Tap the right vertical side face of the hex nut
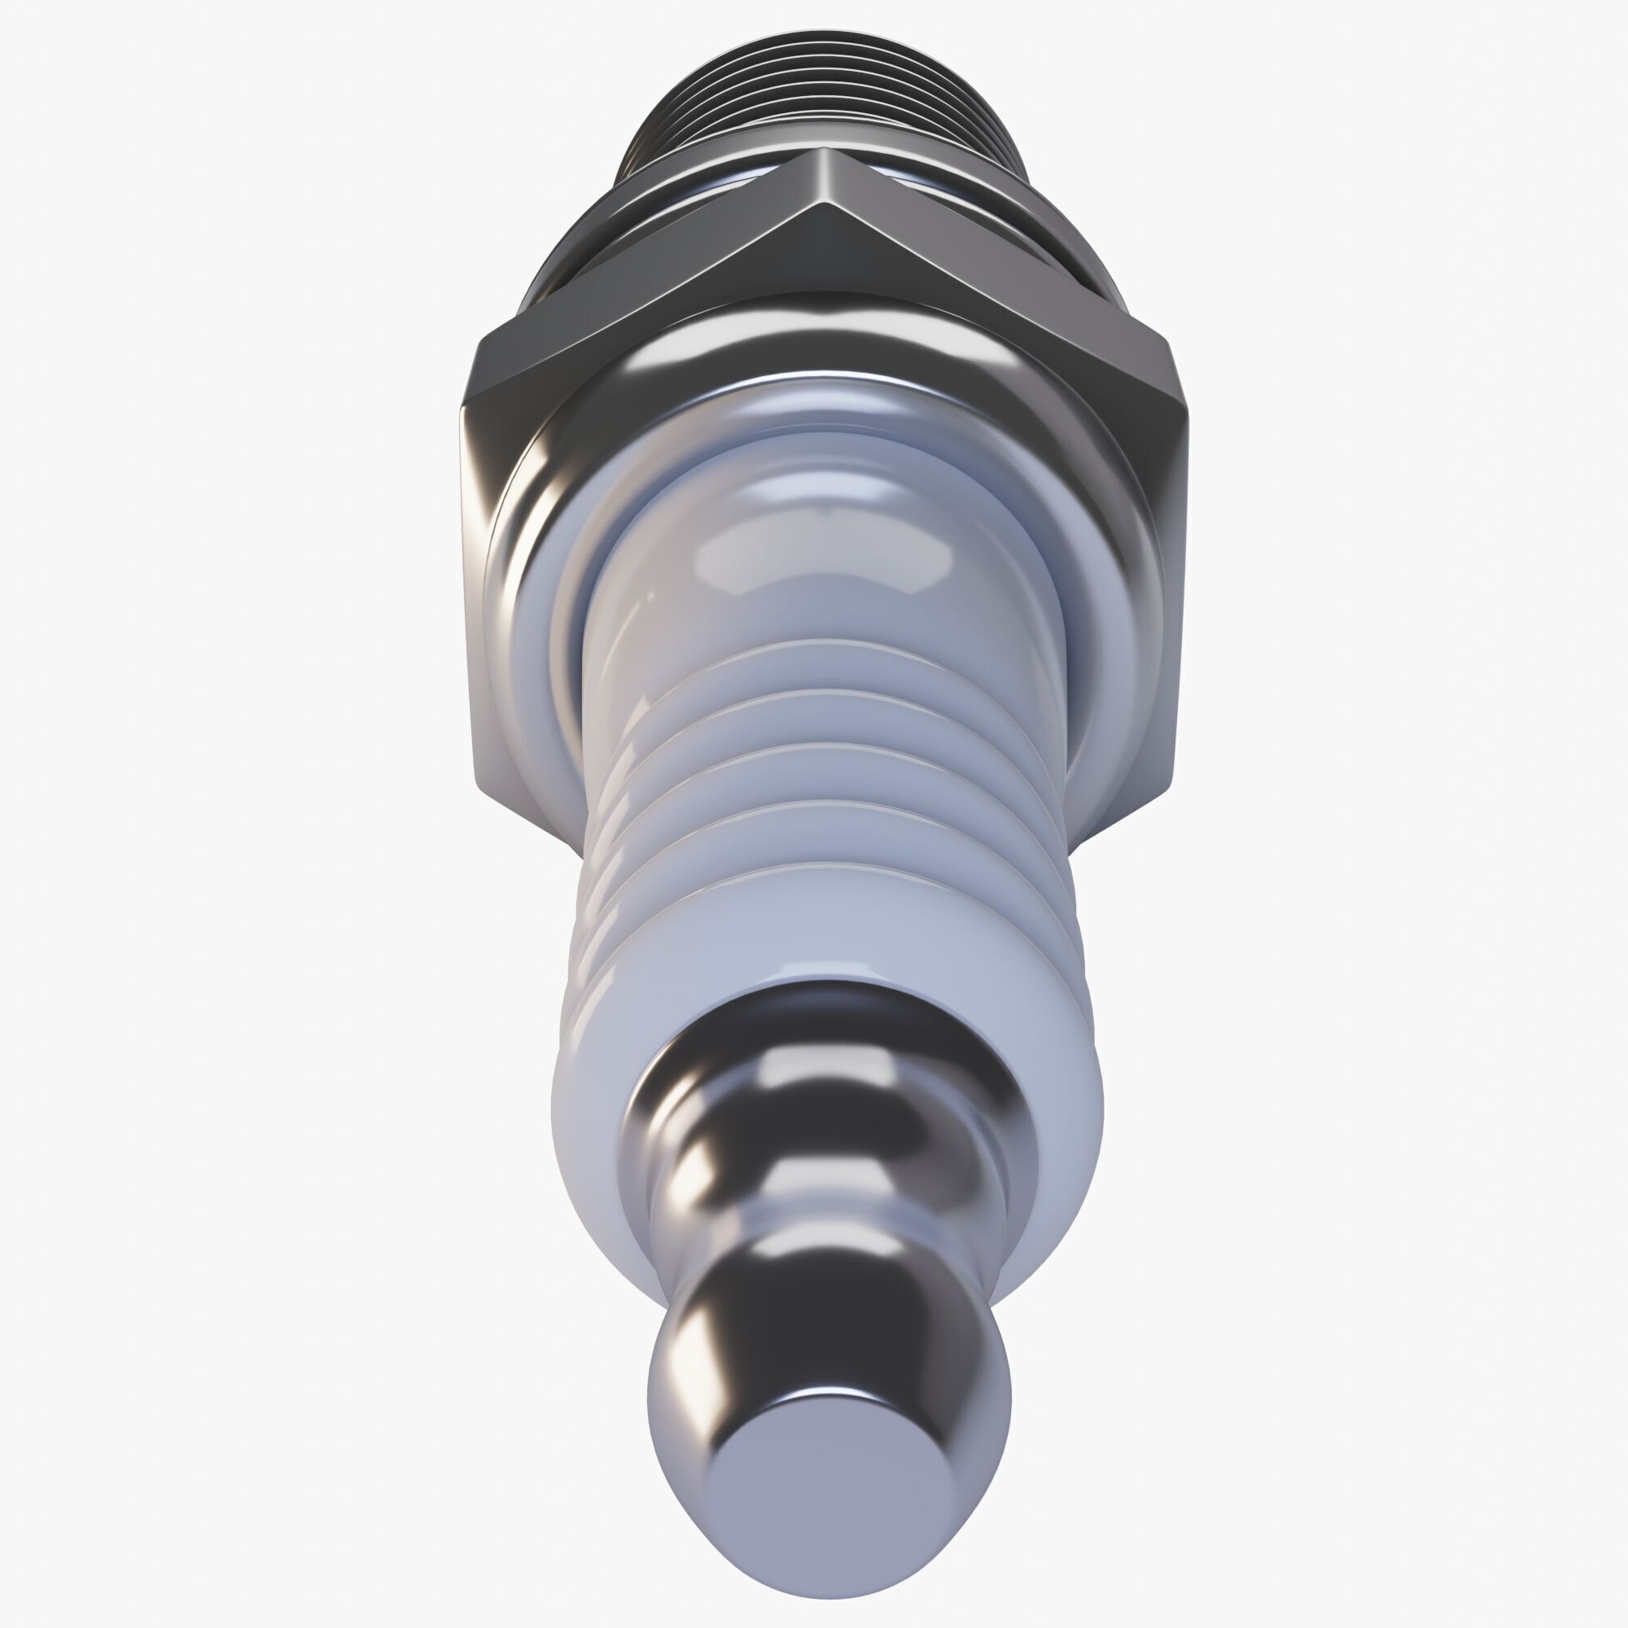(x=1171, y=590)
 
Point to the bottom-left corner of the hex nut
(x=488, y=792)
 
